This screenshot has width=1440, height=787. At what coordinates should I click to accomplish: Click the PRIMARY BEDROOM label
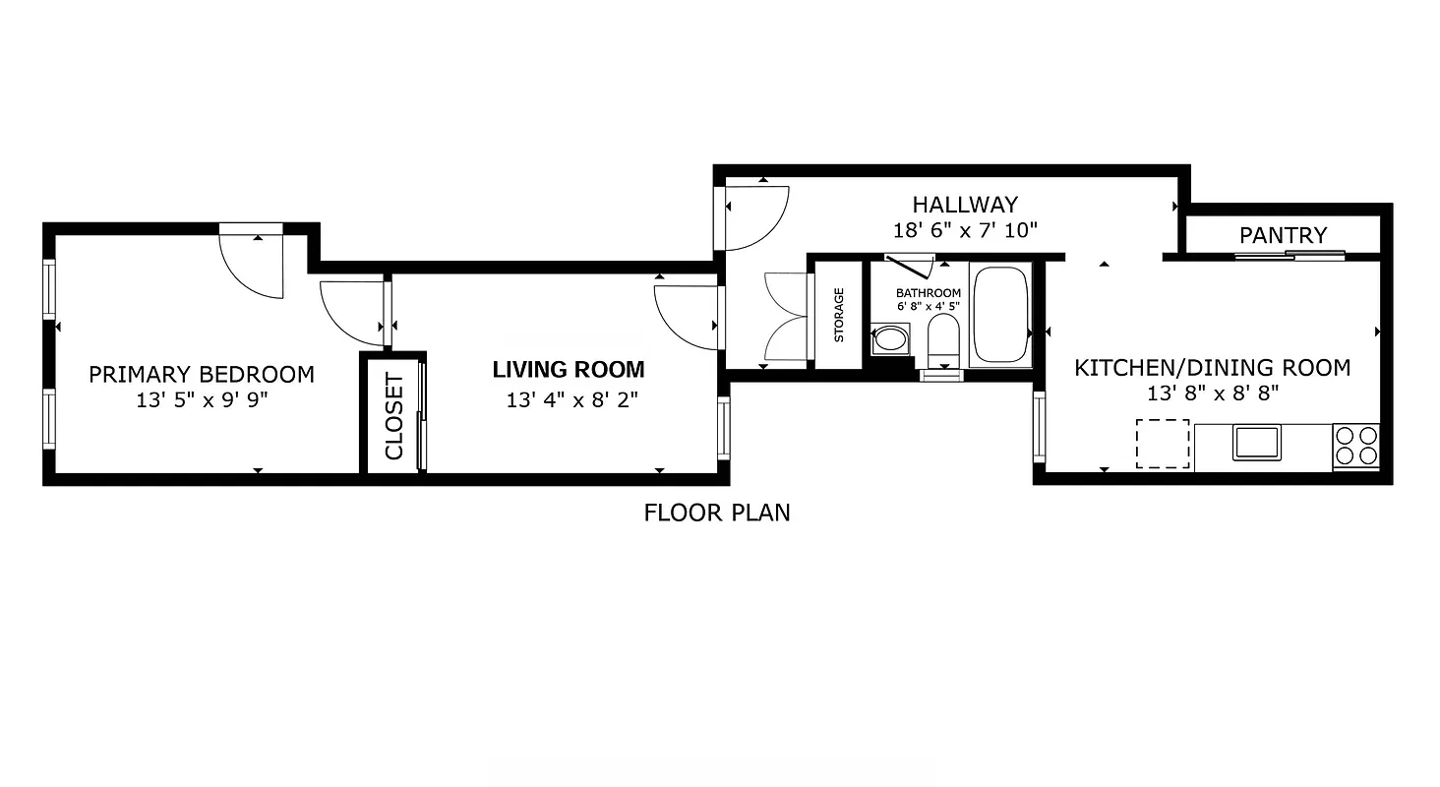click(202, 375)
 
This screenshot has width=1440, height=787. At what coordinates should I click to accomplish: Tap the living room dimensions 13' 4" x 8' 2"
click(569, 400)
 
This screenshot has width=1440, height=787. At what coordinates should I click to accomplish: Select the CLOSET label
click(394, 415)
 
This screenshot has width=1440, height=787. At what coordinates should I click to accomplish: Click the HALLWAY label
click(964, 205)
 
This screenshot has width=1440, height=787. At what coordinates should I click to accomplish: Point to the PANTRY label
click(1283, 235)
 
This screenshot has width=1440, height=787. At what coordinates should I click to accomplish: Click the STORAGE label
click(839, 314)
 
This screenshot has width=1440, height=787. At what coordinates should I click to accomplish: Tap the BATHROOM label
click(928, 293)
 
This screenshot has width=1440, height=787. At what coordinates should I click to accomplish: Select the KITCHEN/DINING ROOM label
click(1212, 368)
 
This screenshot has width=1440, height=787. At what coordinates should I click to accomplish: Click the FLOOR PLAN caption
click(717, 513)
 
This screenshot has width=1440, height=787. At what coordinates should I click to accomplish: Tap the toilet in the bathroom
click(943, 341)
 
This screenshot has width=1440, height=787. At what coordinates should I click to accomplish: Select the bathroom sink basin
click(891, 340)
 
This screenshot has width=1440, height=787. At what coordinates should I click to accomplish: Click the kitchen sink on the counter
click(1256, 442)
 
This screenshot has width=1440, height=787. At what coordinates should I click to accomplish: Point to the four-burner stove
click(1355, 444)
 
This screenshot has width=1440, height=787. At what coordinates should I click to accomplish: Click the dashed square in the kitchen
click(1163, 443)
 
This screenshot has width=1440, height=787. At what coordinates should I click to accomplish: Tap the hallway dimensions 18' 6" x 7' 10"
click(964, 230)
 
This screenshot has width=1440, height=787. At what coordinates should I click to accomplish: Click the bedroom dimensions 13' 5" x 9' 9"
click(202, 400)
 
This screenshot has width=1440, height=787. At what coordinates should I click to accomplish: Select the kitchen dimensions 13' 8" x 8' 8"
click(1212, 393)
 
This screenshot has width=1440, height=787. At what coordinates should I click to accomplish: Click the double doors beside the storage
click(787, 321)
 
